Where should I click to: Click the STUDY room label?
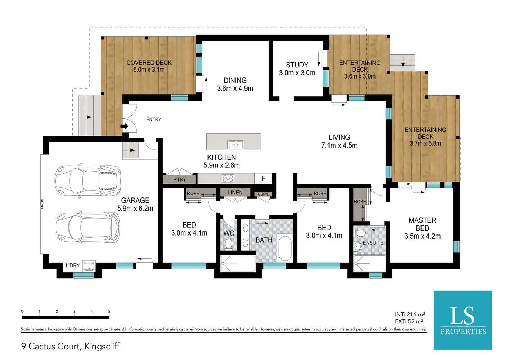297,65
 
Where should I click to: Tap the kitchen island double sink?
236,145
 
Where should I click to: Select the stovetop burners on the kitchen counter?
228,178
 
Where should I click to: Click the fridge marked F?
263,178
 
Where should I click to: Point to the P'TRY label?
179,179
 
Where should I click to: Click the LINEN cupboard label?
235,193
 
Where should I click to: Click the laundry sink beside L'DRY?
89,266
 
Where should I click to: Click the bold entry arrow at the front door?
124,126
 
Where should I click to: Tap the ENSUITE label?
373,243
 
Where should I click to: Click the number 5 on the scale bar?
109,311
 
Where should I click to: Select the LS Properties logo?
463,320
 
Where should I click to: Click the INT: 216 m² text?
410,314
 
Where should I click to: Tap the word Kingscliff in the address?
102,346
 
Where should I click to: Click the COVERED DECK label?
149,63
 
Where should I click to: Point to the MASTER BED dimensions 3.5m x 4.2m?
423,236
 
